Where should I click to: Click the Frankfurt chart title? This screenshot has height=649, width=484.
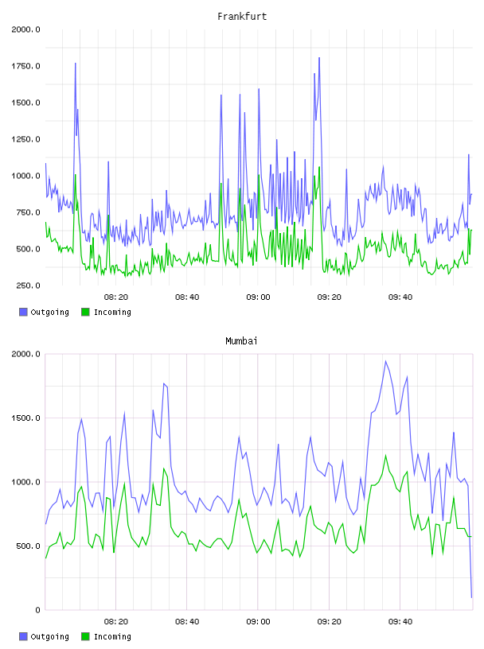[242, 17]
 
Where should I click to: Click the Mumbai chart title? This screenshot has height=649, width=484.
[241, 341]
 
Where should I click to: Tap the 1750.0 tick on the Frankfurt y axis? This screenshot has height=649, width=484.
[25, 66]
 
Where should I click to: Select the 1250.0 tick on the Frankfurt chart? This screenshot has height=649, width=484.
[25, 139]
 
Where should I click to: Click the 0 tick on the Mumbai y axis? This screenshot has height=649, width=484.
[37, 610]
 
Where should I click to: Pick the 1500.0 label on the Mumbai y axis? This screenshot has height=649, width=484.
[25, 418]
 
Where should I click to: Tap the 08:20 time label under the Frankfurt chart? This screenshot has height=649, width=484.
[116, 297]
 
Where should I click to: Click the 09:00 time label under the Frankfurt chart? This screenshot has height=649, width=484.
[258, 297]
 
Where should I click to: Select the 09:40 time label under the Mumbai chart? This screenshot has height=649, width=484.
[400, 622]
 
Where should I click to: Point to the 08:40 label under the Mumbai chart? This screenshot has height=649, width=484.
[187, 622]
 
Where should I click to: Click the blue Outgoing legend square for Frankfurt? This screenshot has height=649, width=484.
[23, 312]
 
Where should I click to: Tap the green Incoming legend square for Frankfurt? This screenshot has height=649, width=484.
[85, 312]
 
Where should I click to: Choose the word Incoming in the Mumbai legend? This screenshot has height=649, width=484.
[112, 637]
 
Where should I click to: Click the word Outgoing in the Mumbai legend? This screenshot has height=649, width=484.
[49, 637]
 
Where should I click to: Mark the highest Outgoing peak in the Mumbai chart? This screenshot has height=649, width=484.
[386, 361]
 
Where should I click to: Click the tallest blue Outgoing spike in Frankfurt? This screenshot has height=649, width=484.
[319, 58]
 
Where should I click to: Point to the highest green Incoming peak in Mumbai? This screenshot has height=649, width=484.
[386, 455]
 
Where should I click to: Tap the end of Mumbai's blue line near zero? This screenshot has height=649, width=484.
[471, 597]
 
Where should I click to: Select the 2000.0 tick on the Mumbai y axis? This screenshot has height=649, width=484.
[25, 354]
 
